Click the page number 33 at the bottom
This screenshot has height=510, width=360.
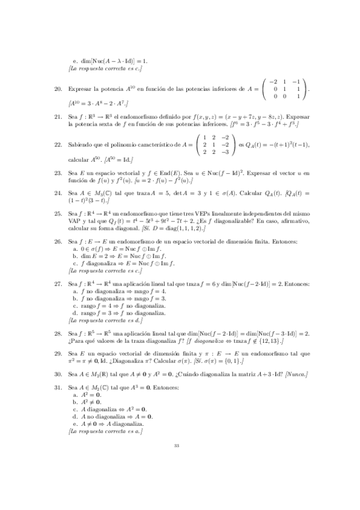point(177,462)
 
